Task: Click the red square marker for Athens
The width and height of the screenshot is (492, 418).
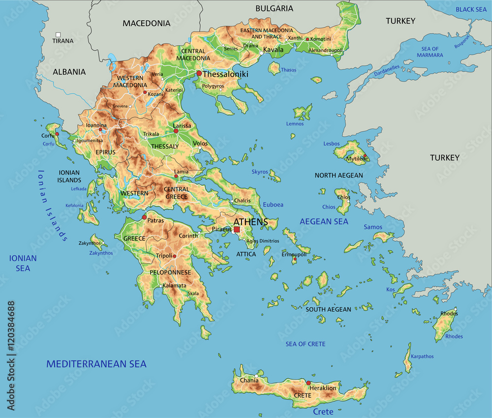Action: point(237,229)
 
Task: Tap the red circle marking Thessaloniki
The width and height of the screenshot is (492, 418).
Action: point(199,73)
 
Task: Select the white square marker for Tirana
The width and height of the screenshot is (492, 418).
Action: point(58,34)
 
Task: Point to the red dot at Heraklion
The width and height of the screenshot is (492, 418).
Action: point(308,383)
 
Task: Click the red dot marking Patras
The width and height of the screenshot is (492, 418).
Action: point(144,217)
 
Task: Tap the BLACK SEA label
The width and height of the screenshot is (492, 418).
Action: point(471,9)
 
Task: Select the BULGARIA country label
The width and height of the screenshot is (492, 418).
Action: point(274,8)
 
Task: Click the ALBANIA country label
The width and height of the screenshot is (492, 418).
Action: point(69,72)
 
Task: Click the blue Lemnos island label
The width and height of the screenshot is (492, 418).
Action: point(295,124)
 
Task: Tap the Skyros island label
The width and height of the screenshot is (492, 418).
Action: point(260,172)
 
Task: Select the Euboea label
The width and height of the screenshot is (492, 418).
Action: point(274,205)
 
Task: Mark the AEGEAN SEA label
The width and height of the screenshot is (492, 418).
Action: point(324,222)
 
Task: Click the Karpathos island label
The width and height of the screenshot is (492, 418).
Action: point(422,357)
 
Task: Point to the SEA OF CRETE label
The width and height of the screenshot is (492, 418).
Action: point(306,344)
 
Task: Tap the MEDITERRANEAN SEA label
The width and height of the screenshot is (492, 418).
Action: point(96,364)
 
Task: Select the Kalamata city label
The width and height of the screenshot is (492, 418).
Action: point(175,286)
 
